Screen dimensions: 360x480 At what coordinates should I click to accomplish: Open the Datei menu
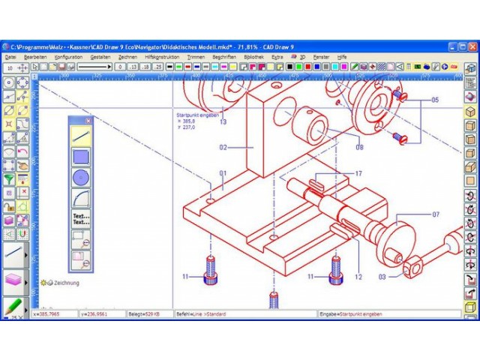click(x=10, y=57)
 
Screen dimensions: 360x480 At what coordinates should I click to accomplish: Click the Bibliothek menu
click(x=253, y=57)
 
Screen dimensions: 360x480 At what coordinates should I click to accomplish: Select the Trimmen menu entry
click(x=196, y=57)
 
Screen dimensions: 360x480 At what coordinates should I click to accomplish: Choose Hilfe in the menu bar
click(x=342, y=57)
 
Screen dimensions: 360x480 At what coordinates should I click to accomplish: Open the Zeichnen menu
click(x=127, y=57)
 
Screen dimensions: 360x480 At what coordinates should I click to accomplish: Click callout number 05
click(x=434, y=100)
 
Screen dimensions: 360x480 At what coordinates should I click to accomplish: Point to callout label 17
click(x=358, y=174)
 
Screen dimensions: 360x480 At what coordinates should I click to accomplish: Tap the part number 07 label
click(x=435, y=214)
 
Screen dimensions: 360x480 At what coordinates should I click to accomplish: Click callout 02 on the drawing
click(x=223, y=148)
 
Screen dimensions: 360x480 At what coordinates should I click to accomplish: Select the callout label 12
click(x=358, y=277)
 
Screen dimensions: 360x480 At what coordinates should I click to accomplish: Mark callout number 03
click(x=382, y=277)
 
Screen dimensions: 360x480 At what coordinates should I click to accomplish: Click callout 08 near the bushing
click(x=359, y=147)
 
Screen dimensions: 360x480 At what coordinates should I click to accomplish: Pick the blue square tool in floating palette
click(x=81, y=157)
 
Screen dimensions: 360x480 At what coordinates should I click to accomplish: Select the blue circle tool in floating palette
click(x=81, y=178)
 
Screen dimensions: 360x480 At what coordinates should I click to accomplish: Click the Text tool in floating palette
click(x=81, y=219)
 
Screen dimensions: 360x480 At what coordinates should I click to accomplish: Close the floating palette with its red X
click(x=88, y=120)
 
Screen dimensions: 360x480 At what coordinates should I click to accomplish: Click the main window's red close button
click(x=473, y=46)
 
